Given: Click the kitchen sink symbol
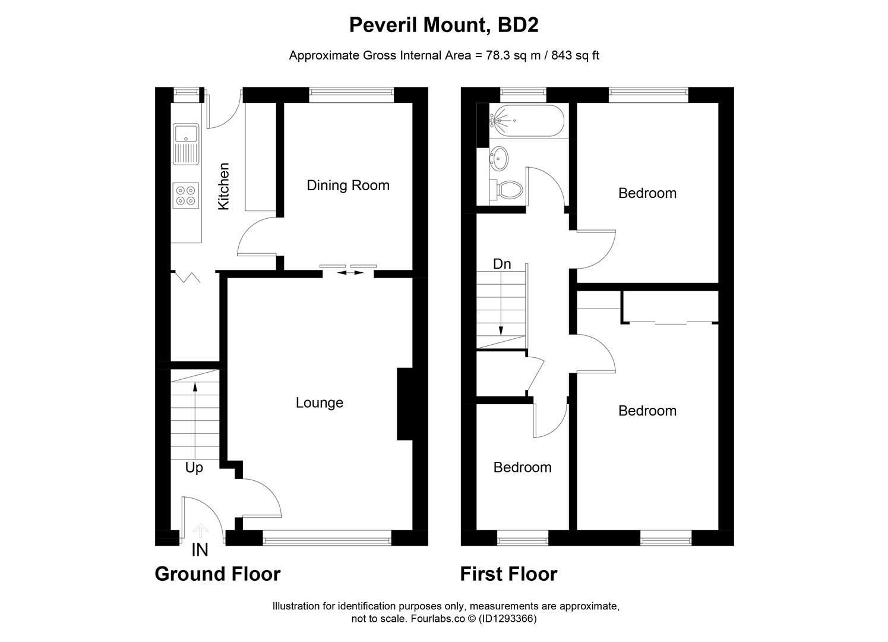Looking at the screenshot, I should [186, 143].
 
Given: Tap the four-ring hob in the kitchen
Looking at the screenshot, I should [185, 196].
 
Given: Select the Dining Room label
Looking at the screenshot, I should [348, 185].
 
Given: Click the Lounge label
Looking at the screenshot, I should [320, 403].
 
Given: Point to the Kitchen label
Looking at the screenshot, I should [224, 186].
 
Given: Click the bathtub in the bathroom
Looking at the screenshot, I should [523, 121].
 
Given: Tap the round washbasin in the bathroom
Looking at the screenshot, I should [499, 158].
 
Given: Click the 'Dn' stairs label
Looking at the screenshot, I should [502, 264].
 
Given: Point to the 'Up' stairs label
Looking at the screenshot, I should [194, 468].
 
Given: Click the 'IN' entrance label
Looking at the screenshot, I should [200, 551].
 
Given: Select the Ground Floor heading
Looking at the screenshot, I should [217, 574].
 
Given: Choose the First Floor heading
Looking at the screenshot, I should [508, 574].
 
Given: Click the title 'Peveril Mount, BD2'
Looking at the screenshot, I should [444, 25].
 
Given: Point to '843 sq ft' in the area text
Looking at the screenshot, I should [576, 56].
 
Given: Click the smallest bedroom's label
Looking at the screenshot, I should [523, 468].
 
